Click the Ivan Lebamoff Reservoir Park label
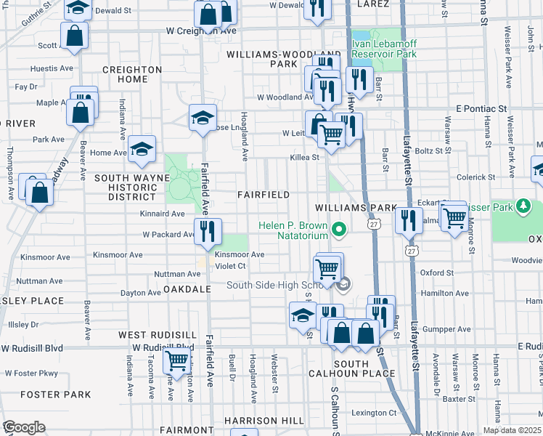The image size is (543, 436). (384, 49)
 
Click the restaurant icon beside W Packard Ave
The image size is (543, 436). (208, 230)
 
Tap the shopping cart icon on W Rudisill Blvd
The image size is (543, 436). (176, 359)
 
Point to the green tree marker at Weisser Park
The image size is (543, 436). (521, 207)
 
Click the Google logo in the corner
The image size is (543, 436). (24, 427)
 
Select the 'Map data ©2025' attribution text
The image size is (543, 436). (513, 430)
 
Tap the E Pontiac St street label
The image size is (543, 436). (481, 108)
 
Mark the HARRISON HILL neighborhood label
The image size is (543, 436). (264, 421)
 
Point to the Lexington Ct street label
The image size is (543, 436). (376, 413)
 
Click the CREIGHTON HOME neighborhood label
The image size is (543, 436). (131, 74)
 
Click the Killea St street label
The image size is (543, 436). (304, 157)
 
